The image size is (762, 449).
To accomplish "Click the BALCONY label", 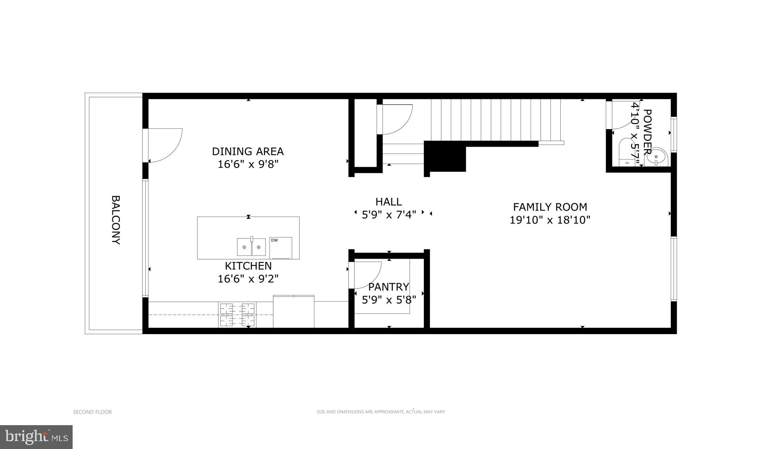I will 115,220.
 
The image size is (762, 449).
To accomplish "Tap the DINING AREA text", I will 248,151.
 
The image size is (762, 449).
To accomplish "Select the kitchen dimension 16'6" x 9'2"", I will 248,279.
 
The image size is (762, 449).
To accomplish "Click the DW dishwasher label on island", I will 274,240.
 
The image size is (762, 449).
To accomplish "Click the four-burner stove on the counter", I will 237,315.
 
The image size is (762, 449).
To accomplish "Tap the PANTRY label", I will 388,287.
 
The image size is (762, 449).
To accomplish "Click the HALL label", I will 389,202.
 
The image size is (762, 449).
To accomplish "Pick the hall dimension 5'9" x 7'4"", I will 389,215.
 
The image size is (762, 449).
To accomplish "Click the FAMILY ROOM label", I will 550,207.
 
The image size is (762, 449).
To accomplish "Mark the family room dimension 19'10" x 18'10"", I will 550,220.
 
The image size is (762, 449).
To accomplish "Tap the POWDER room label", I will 647,132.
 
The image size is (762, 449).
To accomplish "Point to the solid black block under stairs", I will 445,157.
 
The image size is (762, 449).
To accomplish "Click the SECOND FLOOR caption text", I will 92,412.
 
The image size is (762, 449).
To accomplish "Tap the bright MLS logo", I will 36,437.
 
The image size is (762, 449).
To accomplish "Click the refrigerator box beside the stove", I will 293,312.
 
